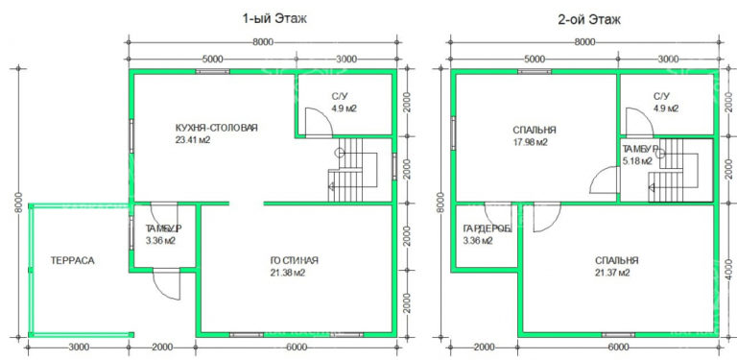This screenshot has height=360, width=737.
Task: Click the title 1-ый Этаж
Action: (x=275, y=19)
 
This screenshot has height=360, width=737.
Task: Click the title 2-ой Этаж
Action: (x=589, y=19)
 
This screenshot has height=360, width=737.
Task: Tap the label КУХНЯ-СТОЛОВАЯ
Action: (x=216, y=128)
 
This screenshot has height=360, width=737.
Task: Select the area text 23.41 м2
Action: (x=192, y=139)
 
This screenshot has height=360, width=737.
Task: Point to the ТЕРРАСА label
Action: (x=72, y=261)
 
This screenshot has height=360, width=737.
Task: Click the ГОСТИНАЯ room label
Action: (x=295, y=261)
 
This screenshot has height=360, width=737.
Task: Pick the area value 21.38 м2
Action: (x=288, y=273)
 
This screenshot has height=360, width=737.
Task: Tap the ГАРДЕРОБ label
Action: (x=487, y=228)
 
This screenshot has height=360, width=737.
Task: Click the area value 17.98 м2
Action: (x=530, y=142)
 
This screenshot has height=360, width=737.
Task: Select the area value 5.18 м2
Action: (x=637, y=161)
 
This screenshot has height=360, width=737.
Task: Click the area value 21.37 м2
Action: (x=612, y=273)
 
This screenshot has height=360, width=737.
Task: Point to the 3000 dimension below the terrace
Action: (x=79, y=348)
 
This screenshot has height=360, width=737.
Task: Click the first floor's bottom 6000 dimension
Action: (x=297, y=348)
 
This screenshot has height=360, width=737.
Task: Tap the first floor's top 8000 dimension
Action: (x=263, y=42)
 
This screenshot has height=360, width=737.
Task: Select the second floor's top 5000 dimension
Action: (x=535, y=60)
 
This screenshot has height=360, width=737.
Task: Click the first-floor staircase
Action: (x=352, y=170)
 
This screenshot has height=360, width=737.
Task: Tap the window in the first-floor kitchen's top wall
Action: (x=212, y=72)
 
